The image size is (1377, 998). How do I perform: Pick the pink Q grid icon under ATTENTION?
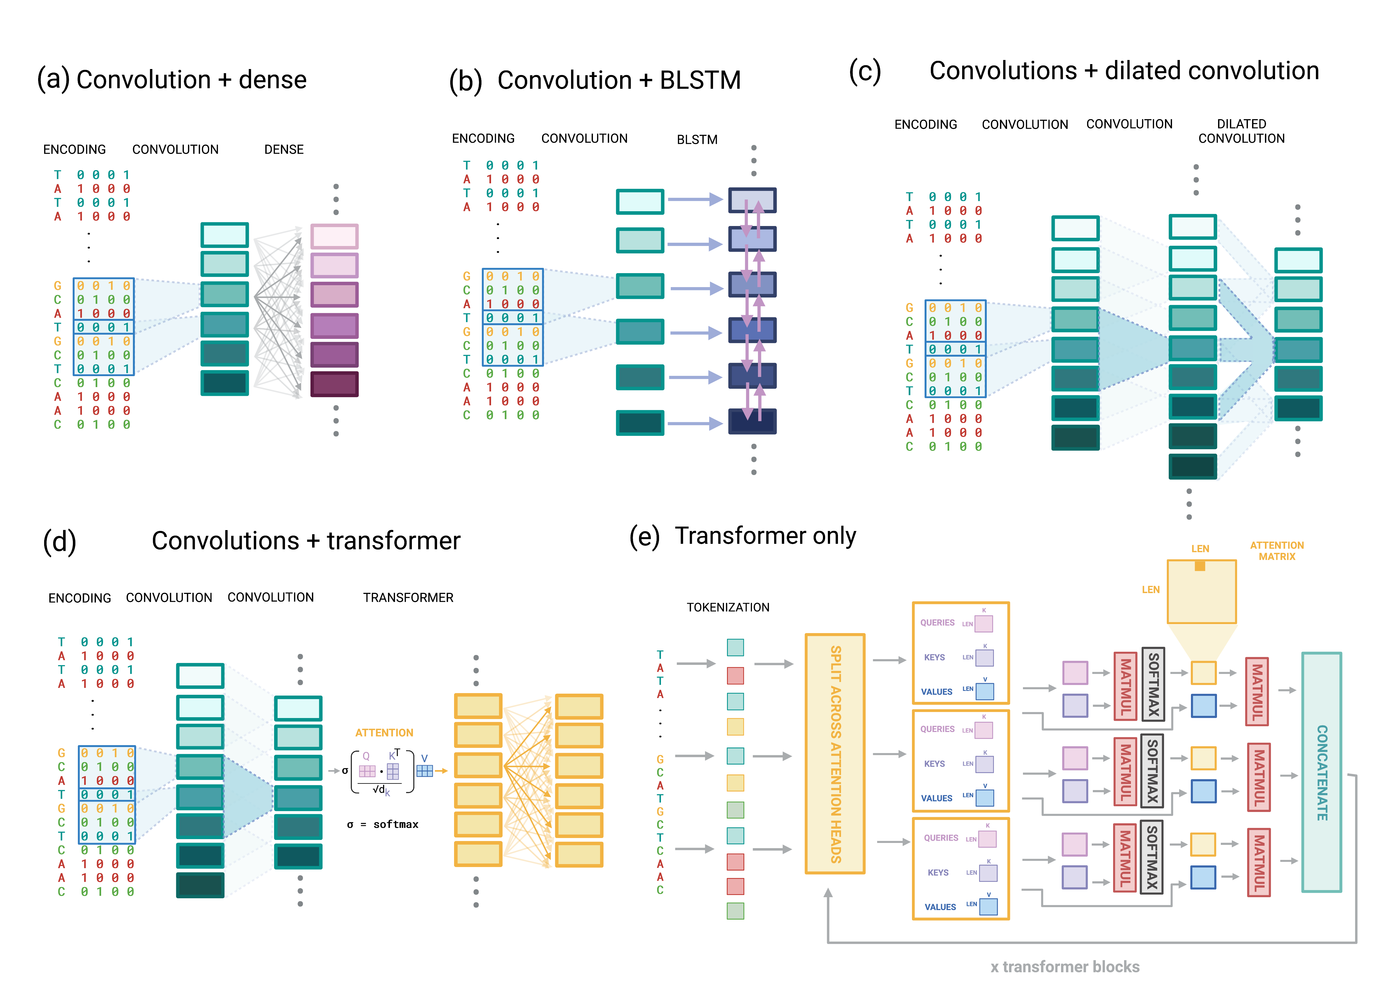[x=367, y=771]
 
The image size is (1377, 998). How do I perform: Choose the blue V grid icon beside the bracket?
[x=424, y=770]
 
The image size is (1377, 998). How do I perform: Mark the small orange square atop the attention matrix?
[x=1200, y=566]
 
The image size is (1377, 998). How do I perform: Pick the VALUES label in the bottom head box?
[x=940, y=907]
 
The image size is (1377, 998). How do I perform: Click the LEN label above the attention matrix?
[x=1200, y=549]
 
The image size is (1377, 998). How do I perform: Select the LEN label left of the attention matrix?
[x=1151, y=590]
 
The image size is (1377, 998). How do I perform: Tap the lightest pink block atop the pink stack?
[x=334, y=236]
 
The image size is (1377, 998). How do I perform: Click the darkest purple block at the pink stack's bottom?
[x=334, y=384]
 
